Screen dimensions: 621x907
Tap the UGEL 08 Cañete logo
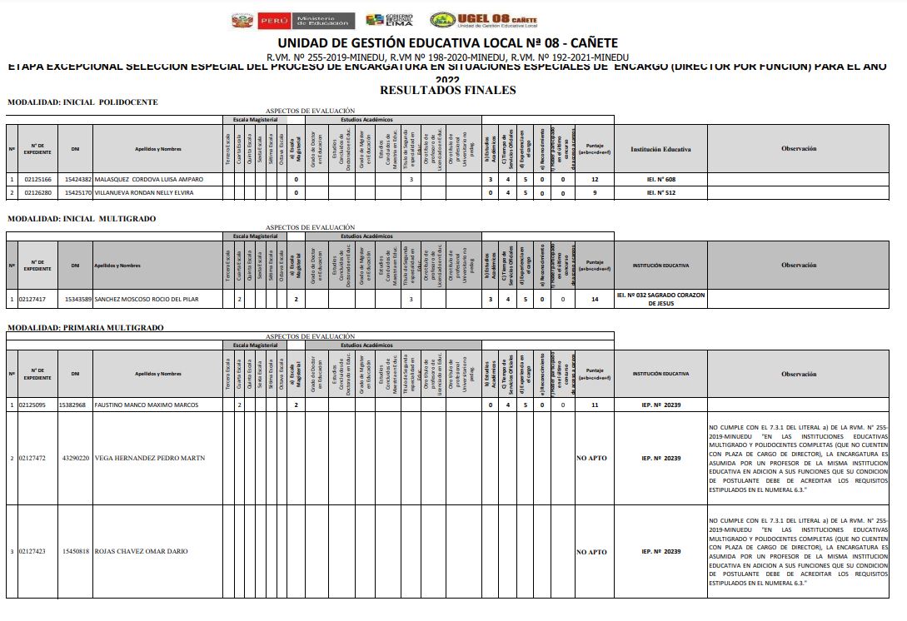[x=483, y=20]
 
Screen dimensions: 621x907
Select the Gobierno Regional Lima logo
[x=389, y=20]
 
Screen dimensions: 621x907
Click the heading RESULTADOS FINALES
[x=447, y=90]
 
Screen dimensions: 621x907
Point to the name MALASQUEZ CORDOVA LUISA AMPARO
[x=148, y=179]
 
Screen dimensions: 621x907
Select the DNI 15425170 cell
[x=76, y=193]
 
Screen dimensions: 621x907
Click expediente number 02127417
[x=37, y=298]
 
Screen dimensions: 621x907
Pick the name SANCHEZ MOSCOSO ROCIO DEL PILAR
[x=153, y=298]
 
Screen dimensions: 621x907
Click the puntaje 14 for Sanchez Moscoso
[x=595, y=298]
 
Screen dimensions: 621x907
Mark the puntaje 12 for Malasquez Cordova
[x=595, y=179]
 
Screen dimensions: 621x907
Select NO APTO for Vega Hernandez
[x=591, y=458]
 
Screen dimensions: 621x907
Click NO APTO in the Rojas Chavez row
[x=591, y=552]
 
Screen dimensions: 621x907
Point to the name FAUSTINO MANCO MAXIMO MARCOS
[x=147, y=405]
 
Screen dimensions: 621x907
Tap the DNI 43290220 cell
[x=76, y=458]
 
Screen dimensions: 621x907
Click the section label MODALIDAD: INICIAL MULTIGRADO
[x=82, y=219]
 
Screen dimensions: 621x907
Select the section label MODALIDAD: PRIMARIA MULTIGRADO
[x=85, y=328]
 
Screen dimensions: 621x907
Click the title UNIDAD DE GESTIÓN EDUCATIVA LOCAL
[x=447, y=43]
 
